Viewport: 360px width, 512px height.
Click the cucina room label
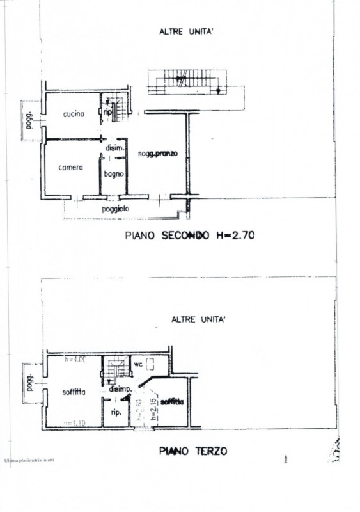[74, 115]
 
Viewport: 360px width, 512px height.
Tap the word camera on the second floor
[70, 168]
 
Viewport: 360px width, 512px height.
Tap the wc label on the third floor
[137, 365]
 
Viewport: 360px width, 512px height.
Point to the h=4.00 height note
[75, 359]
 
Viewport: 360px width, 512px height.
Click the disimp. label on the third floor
[120, 389]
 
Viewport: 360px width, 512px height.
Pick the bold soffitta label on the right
[172, 402]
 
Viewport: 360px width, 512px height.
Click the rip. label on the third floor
[117, 412]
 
